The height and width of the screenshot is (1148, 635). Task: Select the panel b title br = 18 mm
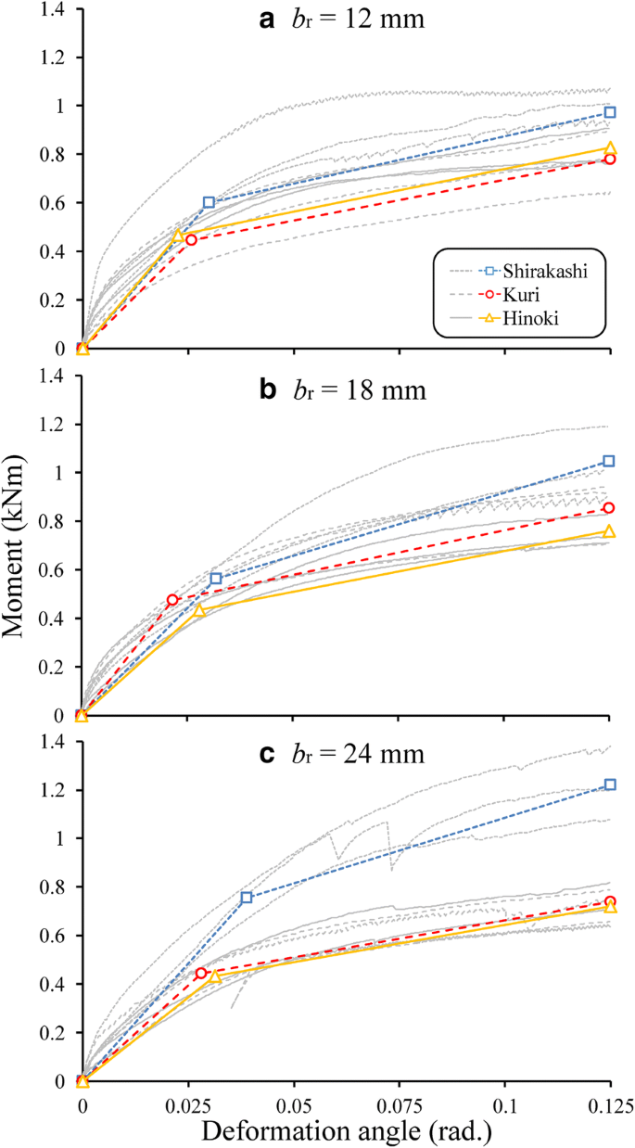[341, 389]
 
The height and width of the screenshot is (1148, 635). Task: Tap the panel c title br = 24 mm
[341, 754]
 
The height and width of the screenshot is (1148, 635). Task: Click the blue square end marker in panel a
[610, 112]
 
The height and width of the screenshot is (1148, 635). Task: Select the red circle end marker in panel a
[610, 159]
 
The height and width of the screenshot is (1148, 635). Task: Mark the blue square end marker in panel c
[610, 784]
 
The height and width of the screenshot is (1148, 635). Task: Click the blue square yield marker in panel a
[209, 202]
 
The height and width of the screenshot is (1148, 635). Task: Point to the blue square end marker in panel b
[610, 461]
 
